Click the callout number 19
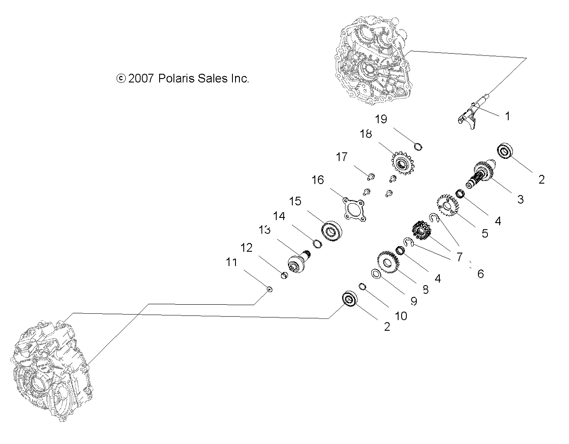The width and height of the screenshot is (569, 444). tap(381, 119)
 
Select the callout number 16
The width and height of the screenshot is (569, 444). tap(317, 179)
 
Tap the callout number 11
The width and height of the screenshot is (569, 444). tap(232, 262)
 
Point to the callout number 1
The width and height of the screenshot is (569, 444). tap(507, 116)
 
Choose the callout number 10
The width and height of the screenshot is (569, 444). tap(401, 316)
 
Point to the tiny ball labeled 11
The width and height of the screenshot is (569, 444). tap(269, 289)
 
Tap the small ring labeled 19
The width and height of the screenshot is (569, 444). tap(418, 146)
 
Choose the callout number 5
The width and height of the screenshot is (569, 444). tap(484, 233)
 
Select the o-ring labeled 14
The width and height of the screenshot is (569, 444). tap(317, 243)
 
